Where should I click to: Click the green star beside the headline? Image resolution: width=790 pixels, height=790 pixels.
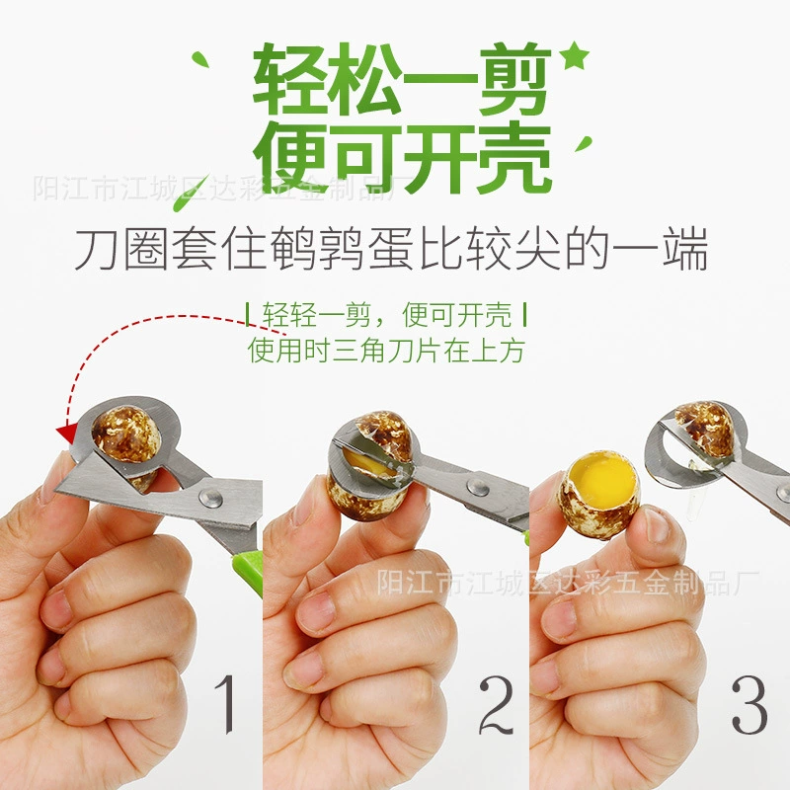point(575,56)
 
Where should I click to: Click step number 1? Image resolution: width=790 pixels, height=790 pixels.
point(225,703)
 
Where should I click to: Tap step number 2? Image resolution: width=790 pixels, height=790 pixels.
point(496,705)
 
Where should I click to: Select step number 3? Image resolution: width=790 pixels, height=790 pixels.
point(750,704)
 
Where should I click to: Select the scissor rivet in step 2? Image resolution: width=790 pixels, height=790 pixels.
point(477,487)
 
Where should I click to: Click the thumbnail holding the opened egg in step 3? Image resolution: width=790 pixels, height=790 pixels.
point(654,524)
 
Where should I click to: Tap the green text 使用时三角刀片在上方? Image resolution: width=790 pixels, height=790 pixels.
point(386,351)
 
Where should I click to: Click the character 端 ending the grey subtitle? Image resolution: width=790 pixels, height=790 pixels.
point(685,249)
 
